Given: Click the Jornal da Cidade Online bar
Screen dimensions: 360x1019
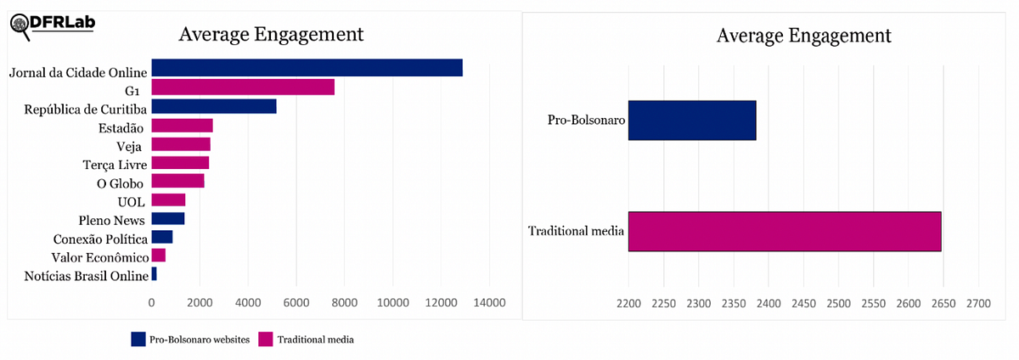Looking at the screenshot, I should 307,68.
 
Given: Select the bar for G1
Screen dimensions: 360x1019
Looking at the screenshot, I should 243,87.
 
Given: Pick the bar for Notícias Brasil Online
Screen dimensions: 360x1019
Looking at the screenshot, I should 155,274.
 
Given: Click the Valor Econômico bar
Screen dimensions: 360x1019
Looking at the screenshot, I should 159,256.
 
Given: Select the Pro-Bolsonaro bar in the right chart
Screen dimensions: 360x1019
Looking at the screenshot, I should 692,121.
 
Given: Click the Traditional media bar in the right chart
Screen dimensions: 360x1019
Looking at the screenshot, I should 785,231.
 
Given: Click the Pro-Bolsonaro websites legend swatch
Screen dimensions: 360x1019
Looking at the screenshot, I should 138,340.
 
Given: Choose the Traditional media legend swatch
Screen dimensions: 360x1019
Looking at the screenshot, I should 266,340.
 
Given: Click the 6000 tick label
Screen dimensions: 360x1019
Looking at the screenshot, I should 296,302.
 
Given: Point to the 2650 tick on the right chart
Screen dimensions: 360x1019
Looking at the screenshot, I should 943,303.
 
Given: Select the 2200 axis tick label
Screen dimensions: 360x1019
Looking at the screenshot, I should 628,303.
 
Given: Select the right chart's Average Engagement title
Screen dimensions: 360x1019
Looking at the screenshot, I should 803,36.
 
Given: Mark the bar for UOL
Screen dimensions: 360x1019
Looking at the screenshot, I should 168,200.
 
